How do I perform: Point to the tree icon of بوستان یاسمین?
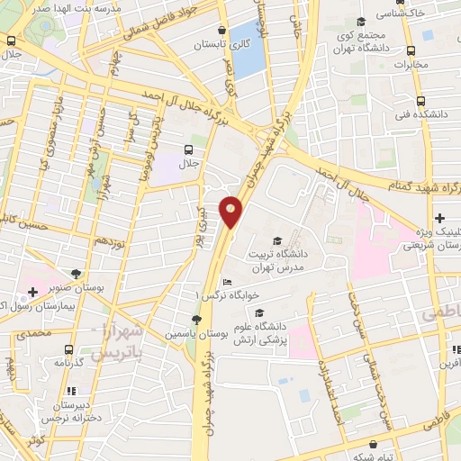pyautogui.click(x=197, y=320)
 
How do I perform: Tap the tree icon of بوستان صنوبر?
pyautogui.click(x=76, y=274)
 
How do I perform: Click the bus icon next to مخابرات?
pyautogui.click(x=411, y=50)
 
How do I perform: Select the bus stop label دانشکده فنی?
pyautogui.click(x=427, y=115)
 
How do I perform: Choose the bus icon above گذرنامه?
pyautogui.click(x=68, y=349)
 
